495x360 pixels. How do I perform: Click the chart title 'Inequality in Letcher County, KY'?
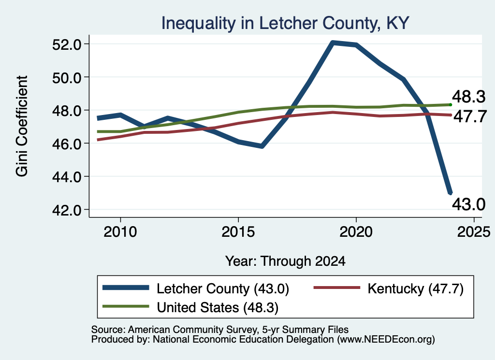pos(285,23)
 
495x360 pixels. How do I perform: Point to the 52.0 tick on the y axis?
pos(67,44)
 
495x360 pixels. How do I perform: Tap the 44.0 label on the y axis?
pos(67,177)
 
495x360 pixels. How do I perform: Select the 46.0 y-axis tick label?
pos(67,144)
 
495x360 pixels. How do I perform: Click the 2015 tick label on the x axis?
pos(238,232)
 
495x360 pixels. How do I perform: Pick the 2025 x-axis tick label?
pos(474,232)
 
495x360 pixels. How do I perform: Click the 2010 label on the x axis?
pos(120,232)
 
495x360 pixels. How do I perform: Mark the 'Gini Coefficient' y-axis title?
pos(22,126)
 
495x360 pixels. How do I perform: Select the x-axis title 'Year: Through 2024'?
pos(285,261)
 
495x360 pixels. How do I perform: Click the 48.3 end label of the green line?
pos(468,97)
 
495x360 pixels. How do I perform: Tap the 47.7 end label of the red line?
pos(470,117)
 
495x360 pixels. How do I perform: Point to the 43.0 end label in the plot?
pos(468,204)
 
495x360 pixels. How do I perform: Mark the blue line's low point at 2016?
pos(262,146)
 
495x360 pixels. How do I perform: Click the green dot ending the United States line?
pos(451,105)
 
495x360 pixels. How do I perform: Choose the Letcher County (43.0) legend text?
pos(223,288)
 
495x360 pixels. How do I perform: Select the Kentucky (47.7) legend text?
pos(415,288)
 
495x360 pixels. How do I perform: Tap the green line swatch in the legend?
pos(126,306)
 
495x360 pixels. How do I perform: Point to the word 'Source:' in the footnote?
pos(109,330)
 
